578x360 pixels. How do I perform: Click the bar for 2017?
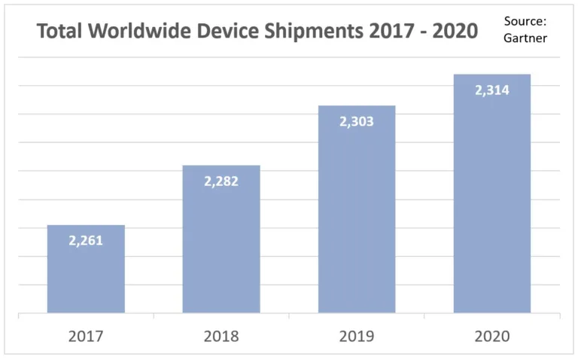pyautogui.click(x=86, y=279)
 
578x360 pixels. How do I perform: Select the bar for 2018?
pyautogui.click(x=221, y=249)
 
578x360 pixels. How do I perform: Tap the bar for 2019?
pyautogui.click(x=357, y=218)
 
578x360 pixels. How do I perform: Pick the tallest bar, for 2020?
pyautogui.click(x=492, y=203)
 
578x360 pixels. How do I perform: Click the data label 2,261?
pyautogui.click(x=86, y=241)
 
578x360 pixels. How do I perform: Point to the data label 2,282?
pyautogui.click(x=221, y=181)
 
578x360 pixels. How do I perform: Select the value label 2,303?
pyautogui.click(x=357, y=121)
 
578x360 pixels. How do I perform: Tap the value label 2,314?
pyautogui.click(x=492, y=90)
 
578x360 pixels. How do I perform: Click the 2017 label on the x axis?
pyautogui.click(x=86, y=336)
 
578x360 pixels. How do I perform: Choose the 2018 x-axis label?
pyautogui.click(x=221, y=336)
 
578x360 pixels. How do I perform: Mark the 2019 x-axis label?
pyautogui.click(x=357, y=336)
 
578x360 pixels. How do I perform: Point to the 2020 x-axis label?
pyautogui.click(x=492, y=336)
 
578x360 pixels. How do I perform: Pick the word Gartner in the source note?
pyautogui.click(x=525, y=38)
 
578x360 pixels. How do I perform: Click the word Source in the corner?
pyautogui.click(x=525, y=20)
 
